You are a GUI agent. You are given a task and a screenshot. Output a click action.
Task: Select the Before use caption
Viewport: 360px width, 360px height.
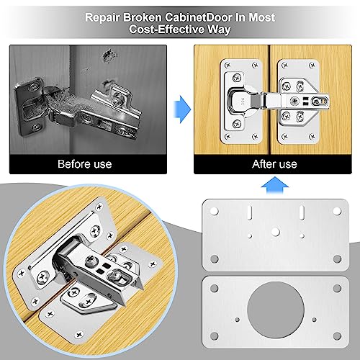coord(85,163)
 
